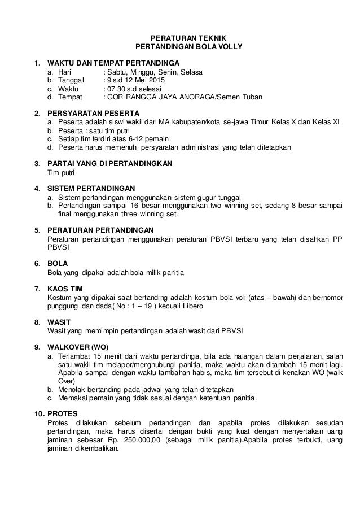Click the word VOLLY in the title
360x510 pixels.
[229, 46]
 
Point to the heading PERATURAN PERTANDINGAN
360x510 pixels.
[100, 230]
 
